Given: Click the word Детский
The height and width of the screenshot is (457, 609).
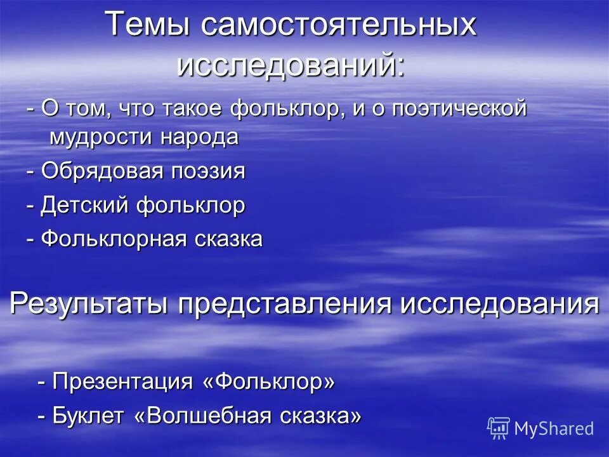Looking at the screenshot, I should pos(82,205).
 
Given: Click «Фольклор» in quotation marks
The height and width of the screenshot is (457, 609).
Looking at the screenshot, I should pos(269,381).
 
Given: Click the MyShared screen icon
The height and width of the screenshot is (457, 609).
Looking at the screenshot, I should pos(499,428).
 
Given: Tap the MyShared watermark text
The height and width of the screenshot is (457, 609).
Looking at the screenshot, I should pos(554,428).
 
